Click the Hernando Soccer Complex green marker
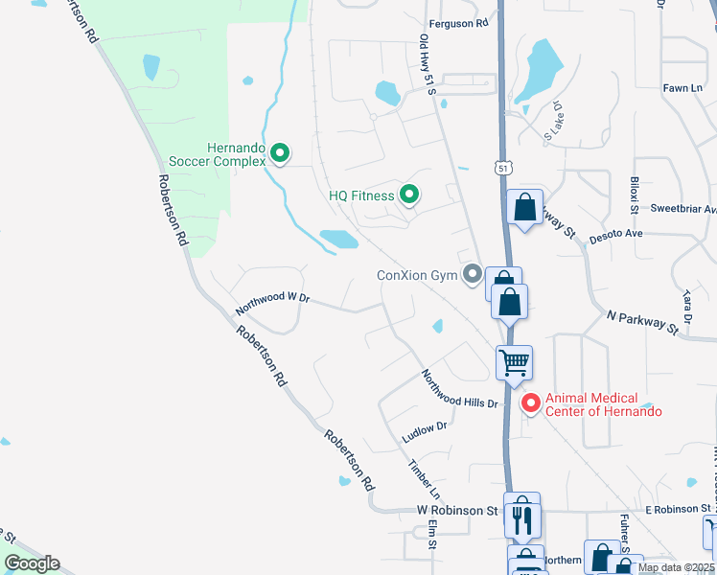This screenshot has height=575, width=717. [x=280, y=152]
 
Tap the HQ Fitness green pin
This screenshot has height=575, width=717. [x=409, y=195]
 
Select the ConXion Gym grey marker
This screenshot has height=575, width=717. [x=472, y=276]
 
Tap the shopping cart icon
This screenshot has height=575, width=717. [x=514, y=363]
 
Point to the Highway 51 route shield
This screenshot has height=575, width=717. [x=504, y=168]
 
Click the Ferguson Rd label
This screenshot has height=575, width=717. [x=458, y=23]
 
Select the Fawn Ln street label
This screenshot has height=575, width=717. [x=682, y=88]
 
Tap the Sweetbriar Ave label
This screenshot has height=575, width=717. [x=683, y=208]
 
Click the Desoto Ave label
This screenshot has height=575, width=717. [x=615, y=233]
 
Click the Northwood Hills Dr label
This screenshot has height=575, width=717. [x=461, y=389]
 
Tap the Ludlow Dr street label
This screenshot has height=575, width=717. [x=425, y=431]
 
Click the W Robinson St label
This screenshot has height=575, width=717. [x=457, y=511]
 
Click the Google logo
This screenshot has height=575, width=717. [x=32, y=563]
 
